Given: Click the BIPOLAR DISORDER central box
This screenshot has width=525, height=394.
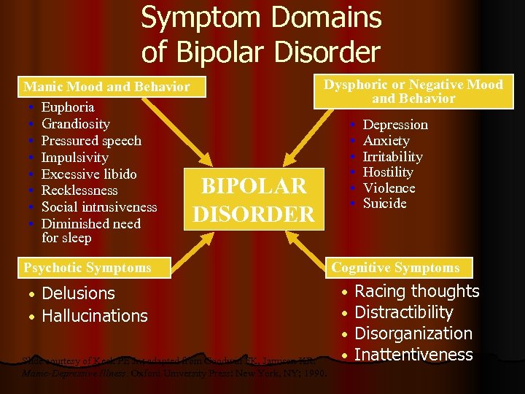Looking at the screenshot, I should click(253, 199).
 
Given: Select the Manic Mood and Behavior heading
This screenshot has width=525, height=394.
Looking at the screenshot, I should click(106, 86).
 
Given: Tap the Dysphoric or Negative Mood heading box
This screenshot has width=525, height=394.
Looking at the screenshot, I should click(413, 91).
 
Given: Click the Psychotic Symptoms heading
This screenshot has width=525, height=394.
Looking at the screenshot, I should click(87, 268).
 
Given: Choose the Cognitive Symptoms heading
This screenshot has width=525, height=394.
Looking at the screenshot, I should click(395, 268).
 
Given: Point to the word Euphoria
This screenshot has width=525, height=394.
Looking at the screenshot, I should click(68, 107).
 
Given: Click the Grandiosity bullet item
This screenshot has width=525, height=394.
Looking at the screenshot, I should click(76, 124).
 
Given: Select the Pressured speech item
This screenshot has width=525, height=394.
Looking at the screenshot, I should click(91, 141).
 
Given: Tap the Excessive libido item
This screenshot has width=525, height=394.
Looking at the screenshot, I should click(89, 174).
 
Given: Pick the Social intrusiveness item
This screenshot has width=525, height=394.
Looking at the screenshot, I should click(99, 207).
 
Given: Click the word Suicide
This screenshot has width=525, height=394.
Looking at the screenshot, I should click(384, 204).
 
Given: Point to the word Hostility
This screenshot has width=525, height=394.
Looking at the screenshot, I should click(388, 172).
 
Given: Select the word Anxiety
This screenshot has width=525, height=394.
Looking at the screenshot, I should click(386, 141).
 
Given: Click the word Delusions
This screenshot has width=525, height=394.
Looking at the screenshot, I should click(79, 293).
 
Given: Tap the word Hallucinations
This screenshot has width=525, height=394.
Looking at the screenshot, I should click(95, 316).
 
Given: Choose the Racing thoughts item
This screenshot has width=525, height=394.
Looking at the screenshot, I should click(416, 292).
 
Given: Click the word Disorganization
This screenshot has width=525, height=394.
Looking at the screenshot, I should click(413, 333).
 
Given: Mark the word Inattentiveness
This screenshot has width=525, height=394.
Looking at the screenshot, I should click(413, 355).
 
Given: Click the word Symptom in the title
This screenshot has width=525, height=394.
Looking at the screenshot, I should click(199, 19).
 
